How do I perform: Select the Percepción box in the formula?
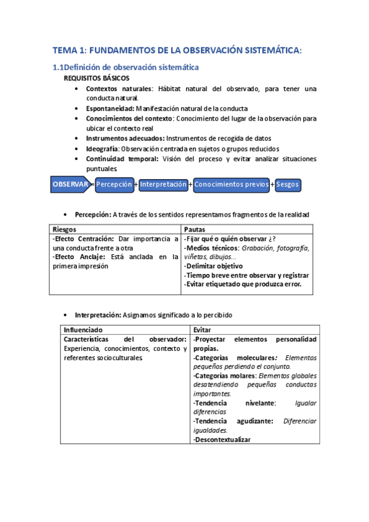pyautogui.click(x=115, y=184)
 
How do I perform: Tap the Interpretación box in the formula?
pyautogui.click(x=163, y=184)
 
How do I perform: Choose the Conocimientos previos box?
pyautogui.click(x=231, y=184)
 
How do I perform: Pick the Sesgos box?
pyautogui.click(x=288, y=184)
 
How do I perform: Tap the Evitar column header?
pyautogui.click(x=202, y=329)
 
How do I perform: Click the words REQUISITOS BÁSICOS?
pyautogui.click(x=97, y=79)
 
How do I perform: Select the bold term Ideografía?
pyautogui.click(x=102, y=148)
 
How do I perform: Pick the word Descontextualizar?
pyautogui.click(x=224, y=439)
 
